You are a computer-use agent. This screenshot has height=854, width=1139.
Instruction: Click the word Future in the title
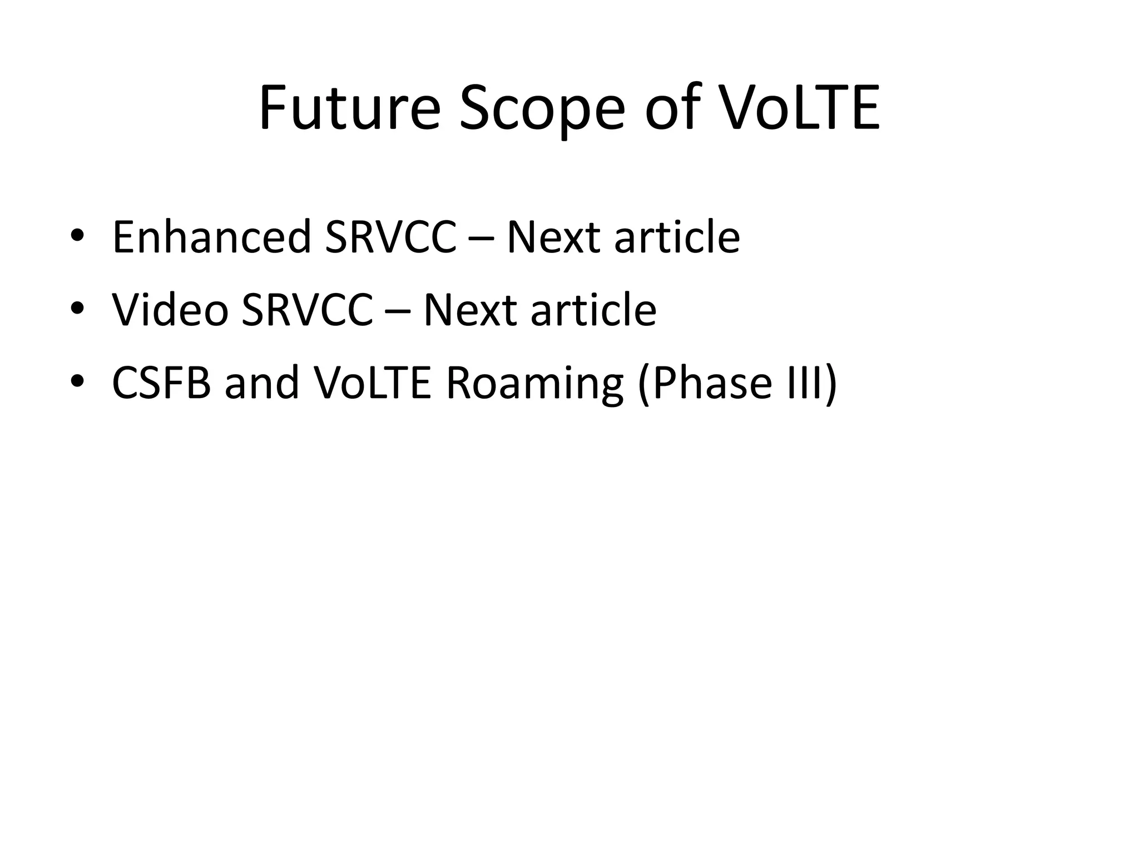(x=349, y=108)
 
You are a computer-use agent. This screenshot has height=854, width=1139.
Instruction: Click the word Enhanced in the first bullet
(x=211, y=237)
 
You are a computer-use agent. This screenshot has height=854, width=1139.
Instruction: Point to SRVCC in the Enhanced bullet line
(x=390, y=237)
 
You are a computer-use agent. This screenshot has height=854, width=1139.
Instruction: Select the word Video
(x=170, y=310)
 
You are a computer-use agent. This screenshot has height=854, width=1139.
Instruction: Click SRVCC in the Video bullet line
(x=307, y=310)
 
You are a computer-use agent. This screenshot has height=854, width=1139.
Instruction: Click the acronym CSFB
(x=161, y=383)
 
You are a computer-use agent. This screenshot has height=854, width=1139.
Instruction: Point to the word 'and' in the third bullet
(x=262, y=383)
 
